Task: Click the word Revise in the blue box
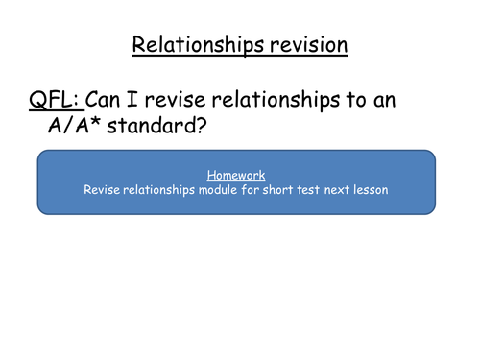pos(99,190)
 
